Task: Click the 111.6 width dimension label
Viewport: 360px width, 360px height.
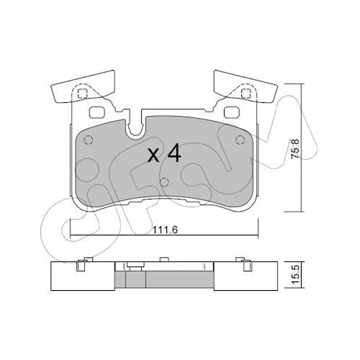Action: (165, 230)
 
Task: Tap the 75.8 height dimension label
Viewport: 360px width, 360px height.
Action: (295, 149)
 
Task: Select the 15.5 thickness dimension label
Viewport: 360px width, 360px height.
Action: (296, 274)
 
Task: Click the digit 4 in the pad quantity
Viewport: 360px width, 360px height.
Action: (174, 153)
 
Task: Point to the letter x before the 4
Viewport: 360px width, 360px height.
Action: (153, 155)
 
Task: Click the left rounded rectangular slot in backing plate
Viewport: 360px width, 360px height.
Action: (96, 112)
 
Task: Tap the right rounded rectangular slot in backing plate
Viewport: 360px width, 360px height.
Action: (232, 112)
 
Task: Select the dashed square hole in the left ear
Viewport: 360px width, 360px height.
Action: (82, 93)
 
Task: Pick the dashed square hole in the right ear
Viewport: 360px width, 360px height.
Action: (246, 93)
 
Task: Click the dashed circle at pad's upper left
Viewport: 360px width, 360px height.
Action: (89, 140)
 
